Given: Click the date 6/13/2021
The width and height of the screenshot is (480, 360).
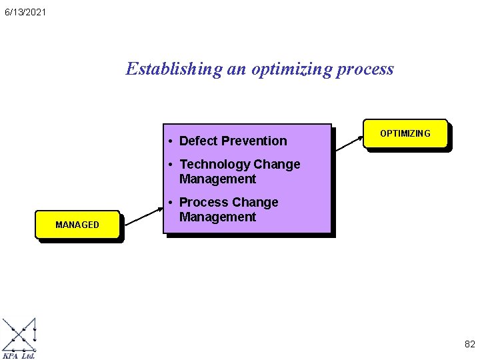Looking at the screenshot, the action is tap(25, 12).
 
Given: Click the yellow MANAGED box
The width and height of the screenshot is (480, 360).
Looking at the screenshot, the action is tap(77, 225).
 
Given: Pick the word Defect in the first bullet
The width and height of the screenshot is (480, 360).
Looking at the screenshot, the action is tap(198, 141).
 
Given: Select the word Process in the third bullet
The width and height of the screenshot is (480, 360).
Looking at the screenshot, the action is tap(203, 202).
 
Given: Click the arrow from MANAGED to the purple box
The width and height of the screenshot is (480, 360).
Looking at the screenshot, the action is tap(143, 214).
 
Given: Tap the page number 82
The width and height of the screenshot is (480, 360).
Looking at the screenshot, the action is tap(469, 345).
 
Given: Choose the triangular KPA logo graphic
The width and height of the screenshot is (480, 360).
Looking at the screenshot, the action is tap(19, 335).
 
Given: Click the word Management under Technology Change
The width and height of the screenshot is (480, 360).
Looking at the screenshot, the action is tap(218, 179).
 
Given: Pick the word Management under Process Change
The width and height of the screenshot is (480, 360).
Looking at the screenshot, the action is tap(218, 217).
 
